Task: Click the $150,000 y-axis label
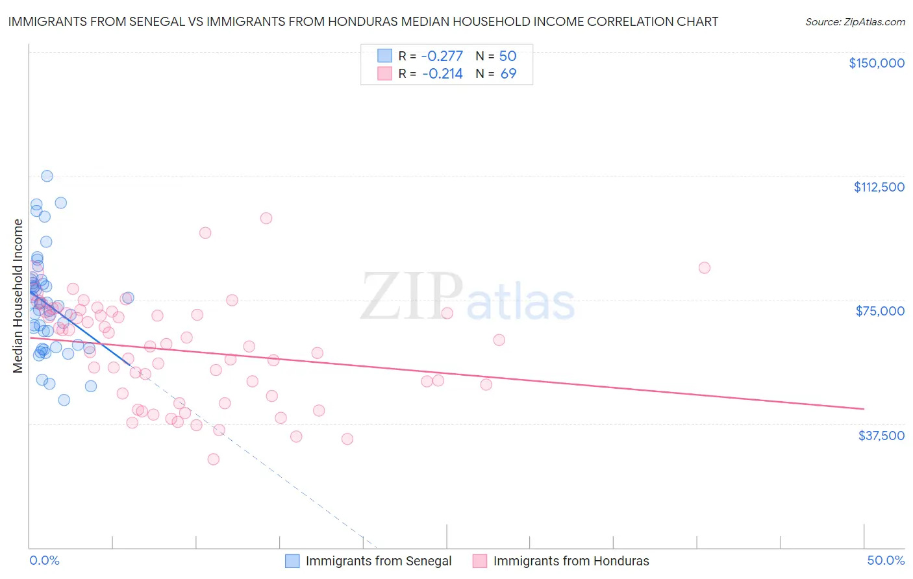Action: coord(876,63)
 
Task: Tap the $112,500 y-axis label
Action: coord(879,187)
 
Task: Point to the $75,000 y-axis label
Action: coord(880,311)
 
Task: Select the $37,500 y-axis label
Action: coord(881,436)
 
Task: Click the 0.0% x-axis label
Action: coord(44,560)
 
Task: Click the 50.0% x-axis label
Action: coord(885,560)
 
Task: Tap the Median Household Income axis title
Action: coord(18,296)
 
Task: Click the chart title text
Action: coord(363,21)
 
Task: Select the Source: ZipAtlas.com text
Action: coord(855,22)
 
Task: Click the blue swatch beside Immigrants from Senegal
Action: coord(292,561)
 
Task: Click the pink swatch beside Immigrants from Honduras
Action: coord(480,561)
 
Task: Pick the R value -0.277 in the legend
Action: coord(442,56)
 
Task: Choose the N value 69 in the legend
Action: coord(508,73)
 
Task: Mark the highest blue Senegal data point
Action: coord(47,176)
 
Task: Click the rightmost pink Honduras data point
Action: coord(704,267)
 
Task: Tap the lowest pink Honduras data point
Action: coord(213,459)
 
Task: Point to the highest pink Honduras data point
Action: coord(266,218)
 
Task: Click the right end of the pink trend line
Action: coord(864,408)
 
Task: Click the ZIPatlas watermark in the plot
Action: coord(468,297)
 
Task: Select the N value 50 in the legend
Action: coord(508,56)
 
